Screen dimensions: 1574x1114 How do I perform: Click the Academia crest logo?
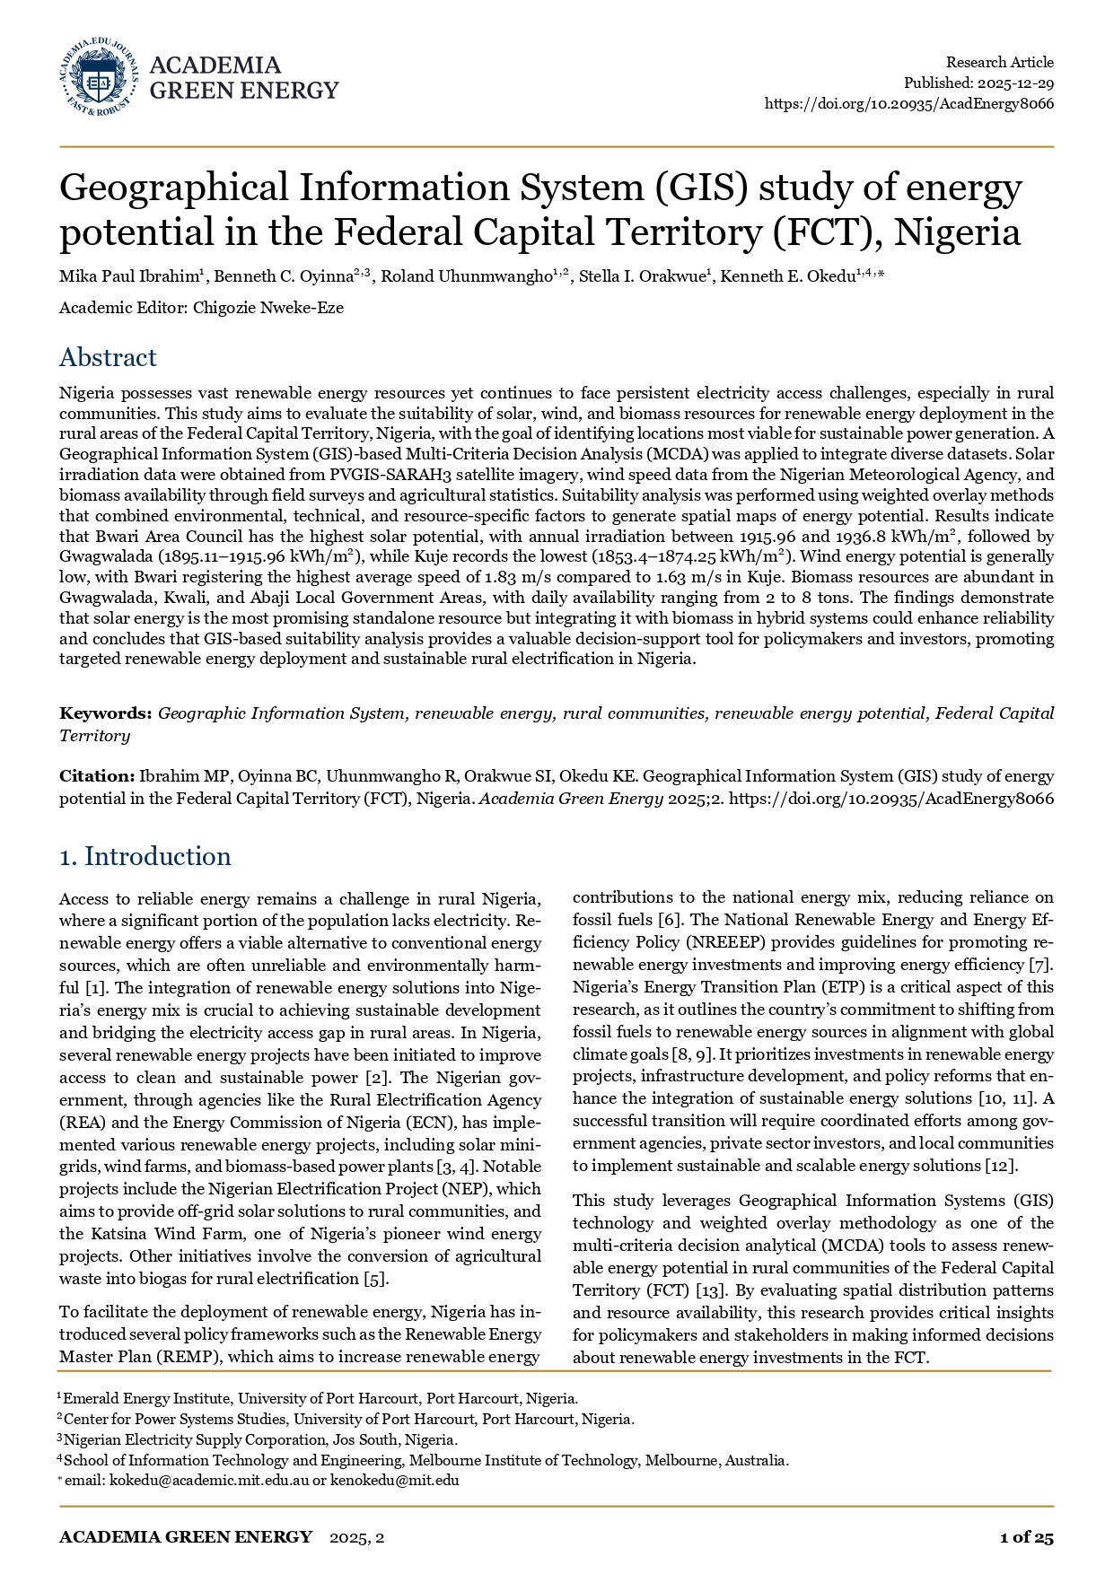pos(98,77)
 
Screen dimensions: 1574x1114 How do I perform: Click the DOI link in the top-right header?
pos(908,103)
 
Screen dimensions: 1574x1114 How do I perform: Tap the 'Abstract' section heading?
pos(108,357)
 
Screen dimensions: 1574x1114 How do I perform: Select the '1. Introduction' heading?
pos(145,856)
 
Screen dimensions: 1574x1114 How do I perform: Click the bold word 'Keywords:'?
pos(105,713)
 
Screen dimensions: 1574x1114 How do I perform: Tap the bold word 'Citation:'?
pos(97,776)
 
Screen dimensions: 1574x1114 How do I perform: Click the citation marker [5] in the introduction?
pos(375,1279)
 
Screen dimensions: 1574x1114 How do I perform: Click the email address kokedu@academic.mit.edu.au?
pos(208,1480)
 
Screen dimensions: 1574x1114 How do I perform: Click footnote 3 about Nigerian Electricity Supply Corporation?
pos(260,1439)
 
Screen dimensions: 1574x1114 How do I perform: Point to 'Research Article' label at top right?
pos(999,62)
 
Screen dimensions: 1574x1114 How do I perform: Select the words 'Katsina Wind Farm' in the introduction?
pos(158,1234)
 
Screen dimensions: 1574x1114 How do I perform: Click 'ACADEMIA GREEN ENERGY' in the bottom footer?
pos(186,1537)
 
